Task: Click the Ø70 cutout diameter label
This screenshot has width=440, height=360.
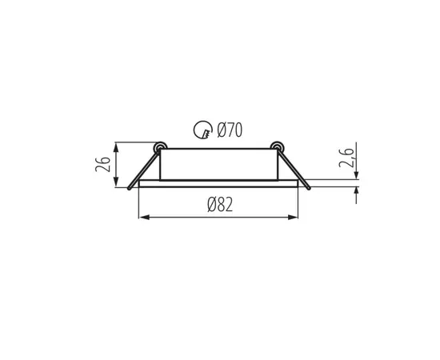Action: (x=230, y=130)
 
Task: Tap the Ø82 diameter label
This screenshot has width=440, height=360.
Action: (x=220, y=204)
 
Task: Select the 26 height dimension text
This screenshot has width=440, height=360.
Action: (x=102, y=164)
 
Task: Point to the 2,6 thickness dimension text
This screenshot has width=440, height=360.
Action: (x=346, y=157)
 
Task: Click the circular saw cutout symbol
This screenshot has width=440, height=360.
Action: (x=203, y=130)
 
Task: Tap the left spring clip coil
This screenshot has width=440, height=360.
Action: (x=160, y=146)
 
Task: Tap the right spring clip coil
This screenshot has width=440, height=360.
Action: (x=277, y=146)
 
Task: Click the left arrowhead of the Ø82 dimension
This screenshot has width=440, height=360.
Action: (x=144, y=217)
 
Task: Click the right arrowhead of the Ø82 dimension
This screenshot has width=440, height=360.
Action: (x=293, y=217)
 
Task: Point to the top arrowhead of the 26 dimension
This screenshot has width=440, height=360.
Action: (x=116, y=147)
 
